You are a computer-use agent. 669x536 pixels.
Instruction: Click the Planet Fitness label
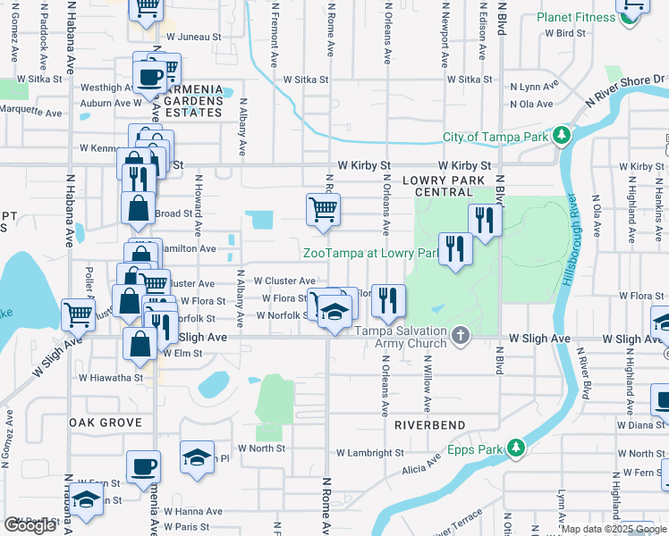click(575, 18)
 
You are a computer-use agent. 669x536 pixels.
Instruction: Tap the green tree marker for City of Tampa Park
click(562, 136)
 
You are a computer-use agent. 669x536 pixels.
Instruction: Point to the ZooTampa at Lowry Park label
click(370, 254)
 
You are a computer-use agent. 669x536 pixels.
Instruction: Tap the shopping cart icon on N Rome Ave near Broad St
click(323, 210)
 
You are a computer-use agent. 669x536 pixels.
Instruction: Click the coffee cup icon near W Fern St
click(143, 466)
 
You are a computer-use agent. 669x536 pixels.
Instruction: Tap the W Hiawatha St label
click(110, 378)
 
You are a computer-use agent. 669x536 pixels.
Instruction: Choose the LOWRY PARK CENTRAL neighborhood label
click(437, 186)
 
